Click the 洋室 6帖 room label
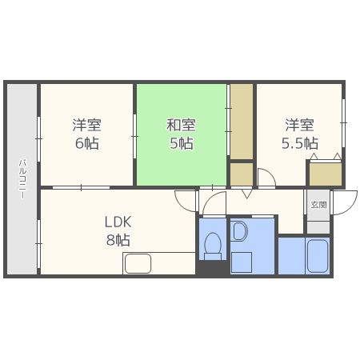pyautogui.click(x=86, y=134)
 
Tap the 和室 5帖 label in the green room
pyautogui.click(x=180, y=134)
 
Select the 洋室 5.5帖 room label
pyautogui.click(x=299, y=134)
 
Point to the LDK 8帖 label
pyautogui.click(x=117, y=230)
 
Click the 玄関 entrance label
pyautogui.click(x=318, y=205)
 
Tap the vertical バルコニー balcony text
pyautogui.click(x=22, y=178)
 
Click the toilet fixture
pyautogui.click(x=213, y=246)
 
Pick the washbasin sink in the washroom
pyautogui.click(x=241, y=232)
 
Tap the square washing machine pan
pyautogui.click(x=242, y=262)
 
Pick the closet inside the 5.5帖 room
pyautogui.click(x=325, y=174)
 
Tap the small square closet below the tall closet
pyautogui.click(x=242, y=174)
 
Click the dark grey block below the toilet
pyautogui.click(x=213, y=269)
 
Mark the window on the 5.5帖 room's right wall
pyautogui.click(x=343, y=120)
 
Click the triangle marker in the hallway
pyautogui.click(x=246, y=194)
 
